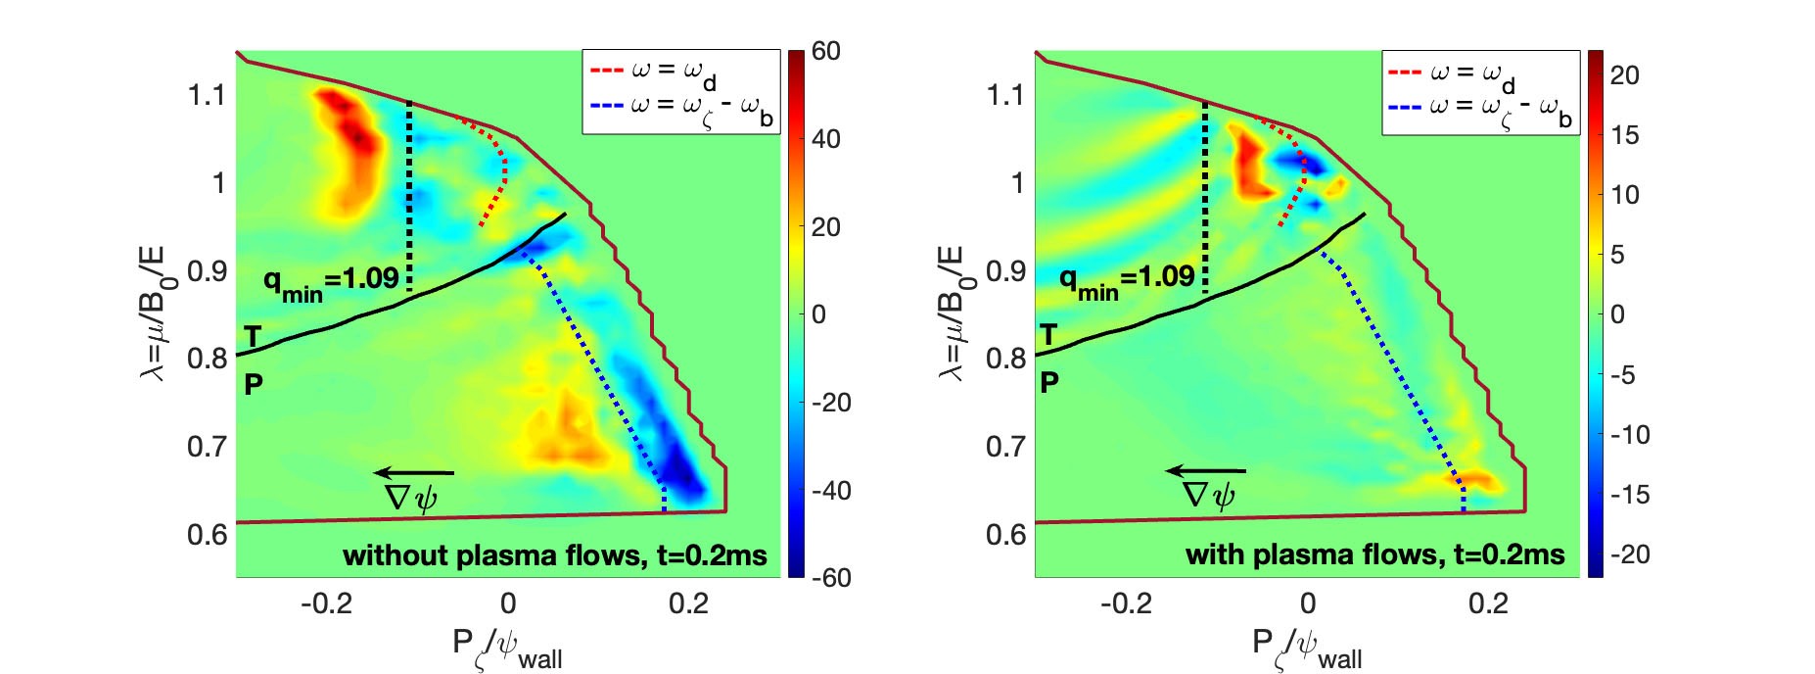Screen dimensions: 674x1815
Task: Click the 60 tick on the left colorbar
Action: click(x=825, y=51)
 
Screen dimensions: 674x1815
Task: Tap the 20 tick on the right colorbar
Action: click(x=1624, y=75)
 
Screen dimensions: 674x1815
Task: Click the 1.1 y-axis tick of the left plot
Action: click(x=207, y=95)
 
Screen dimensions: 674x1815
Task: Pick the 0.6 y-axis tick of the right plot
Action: click(x=1005, y=534)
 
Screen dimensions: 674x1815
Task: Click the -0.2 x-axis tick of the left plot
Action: click(x=326, y=603)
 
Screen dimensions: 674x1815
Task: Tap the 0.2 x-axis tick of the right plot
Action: click(x=1488, y=603)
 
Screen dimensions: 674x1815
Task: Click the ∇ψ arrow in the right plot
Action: click(x=1206, y=471)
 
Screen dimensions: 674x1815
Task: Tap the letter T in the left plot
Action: click(x=253, y=338)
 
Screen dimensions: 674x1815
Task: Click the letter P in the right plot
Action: click(x=1048, y=382)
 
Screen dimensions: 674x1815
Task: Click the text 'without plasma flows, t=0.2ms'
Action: click(x=554, y=555)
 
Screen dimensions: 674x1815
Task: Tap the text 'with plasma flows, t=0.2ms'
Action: click(x=1374, y=555)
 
